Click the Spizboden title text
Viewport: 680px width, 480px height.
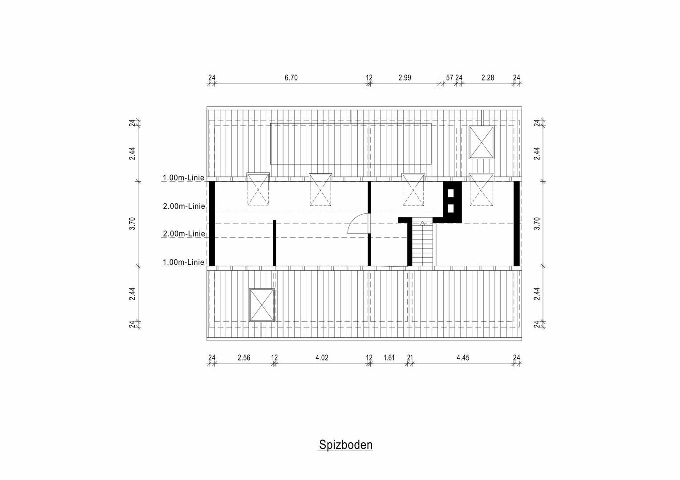point(345,445)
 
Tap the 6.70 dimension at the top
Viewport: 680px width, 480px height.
point(291,78)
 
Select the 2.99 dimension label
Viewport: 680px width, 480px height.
point(405,78)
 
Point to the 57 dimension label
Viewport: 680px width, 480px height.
point(449,78)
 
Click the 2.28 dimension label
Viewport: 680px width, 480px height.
point(488,78)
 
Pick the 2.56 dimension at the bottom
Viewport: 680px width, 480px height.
point(244,357)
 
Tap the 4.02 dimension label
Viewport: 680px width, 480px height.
point(322,357)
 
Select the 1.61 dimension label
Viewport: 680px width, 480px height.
point(389,357)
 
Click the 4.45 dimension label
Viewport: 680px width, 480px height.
point(463,357)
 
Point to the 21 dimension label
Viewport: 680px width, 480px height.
point(410,357)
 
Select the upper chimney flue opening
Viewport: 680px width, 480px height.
point(451,193)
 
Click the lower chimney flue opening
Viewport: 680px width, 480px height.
point(451,208)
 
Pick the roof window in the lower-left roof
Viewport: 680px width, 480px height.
point(261,305)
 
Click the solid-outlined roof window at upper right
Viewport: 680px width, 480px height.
point(482,142)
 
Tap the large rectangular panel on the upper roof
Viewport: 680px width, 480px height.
point(351,144)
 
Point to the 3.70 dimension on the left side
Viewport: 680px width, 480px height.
point(132,224)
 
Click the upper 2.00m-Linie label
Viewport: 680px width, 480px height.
point(184,206)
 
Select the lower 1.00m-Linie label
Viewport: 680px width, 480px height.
point(183,262)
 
